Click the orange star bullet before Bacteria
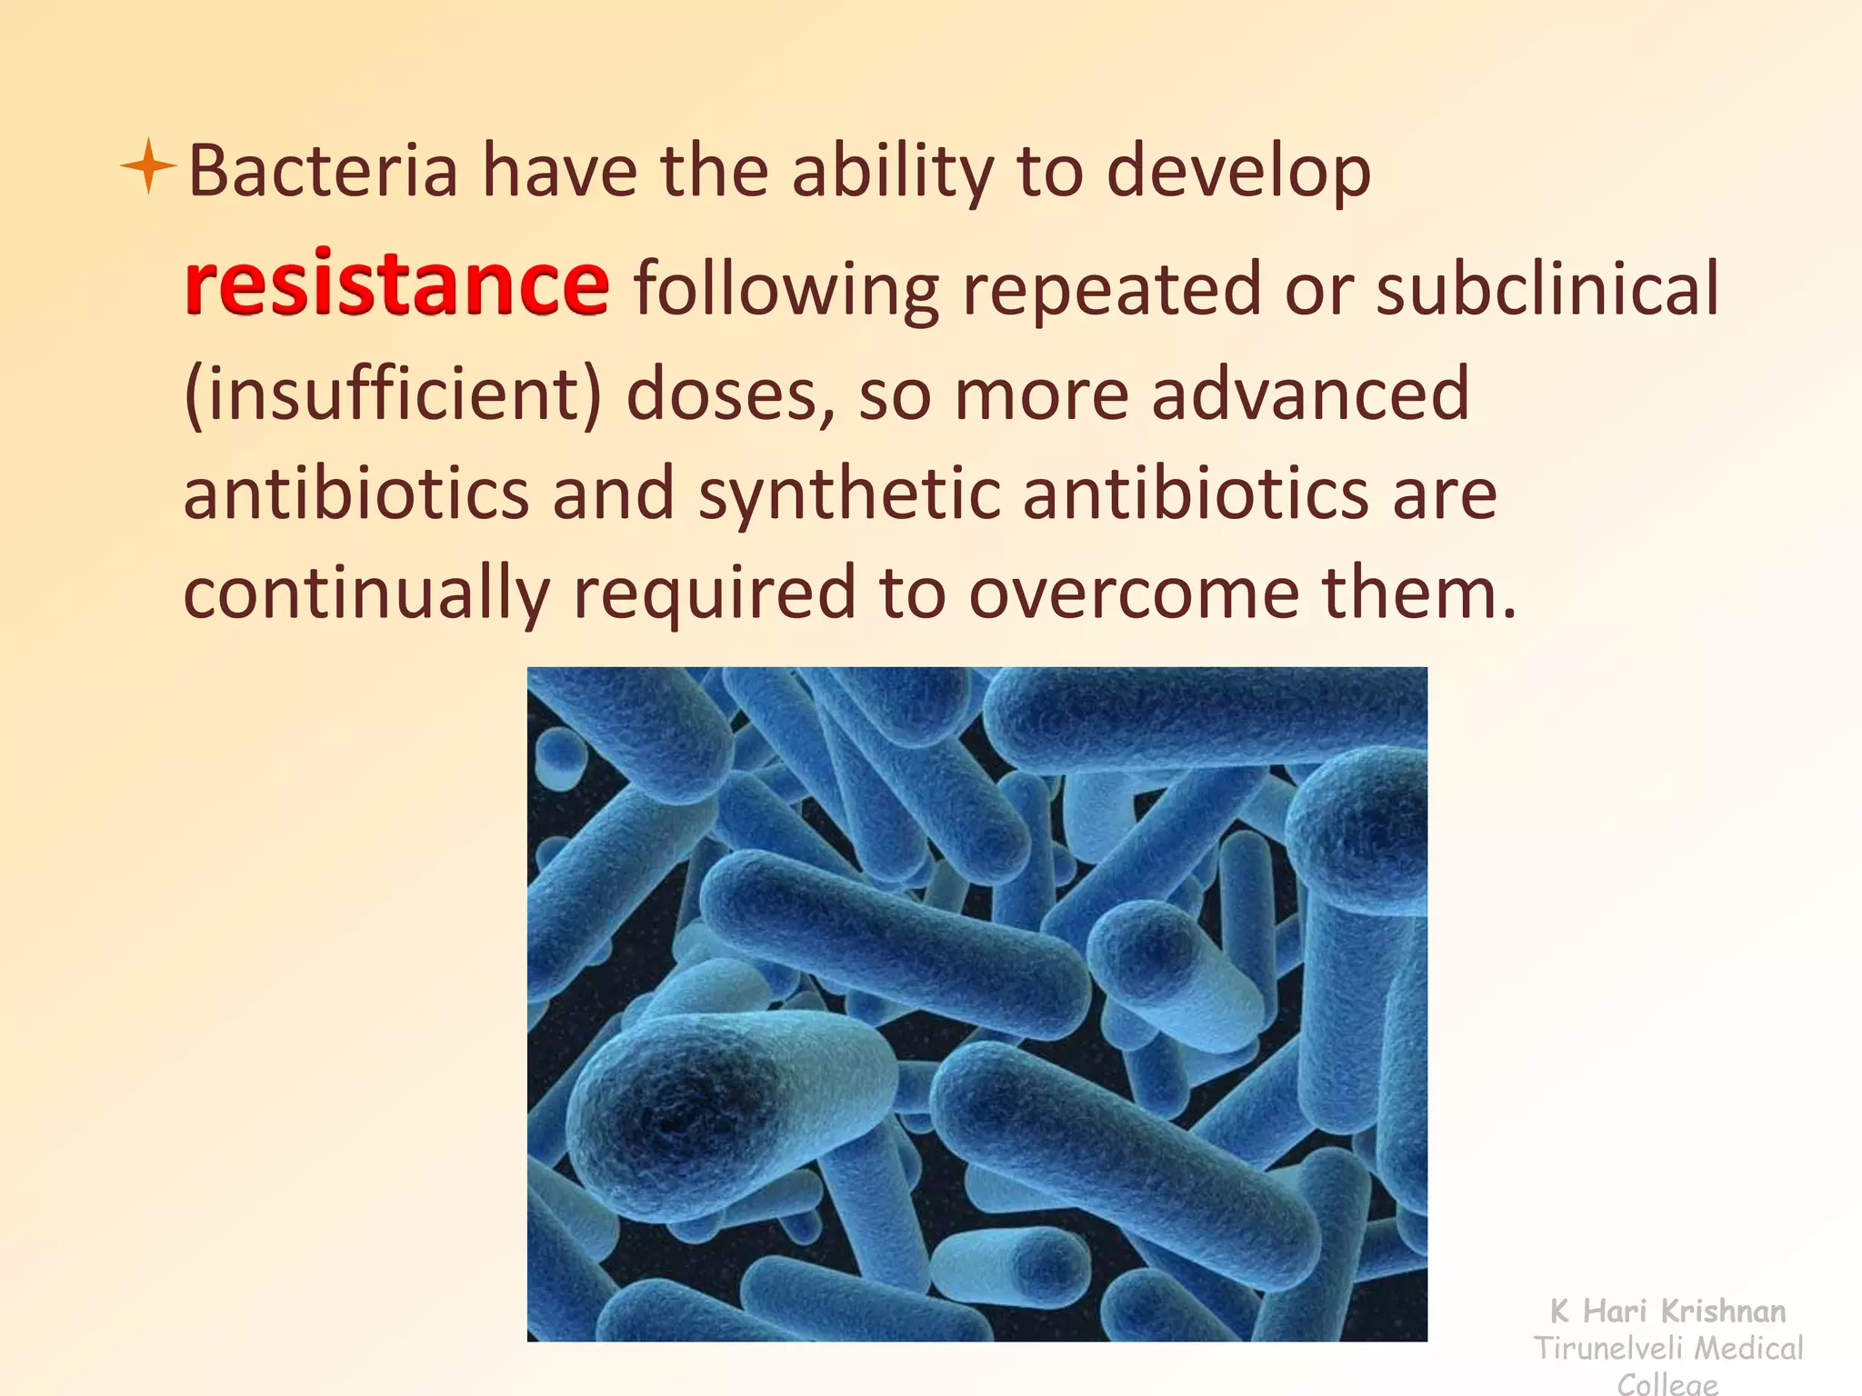(x=148, y=166)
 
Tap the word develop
(x=1238, y=173)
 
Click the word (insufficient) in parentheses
(x=393, y=395)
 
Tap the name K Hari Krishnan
(x=1667, y=1311)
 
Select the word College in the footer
(x=1667, y=1384)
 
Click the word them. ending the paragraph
(x=1419, y=593)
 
